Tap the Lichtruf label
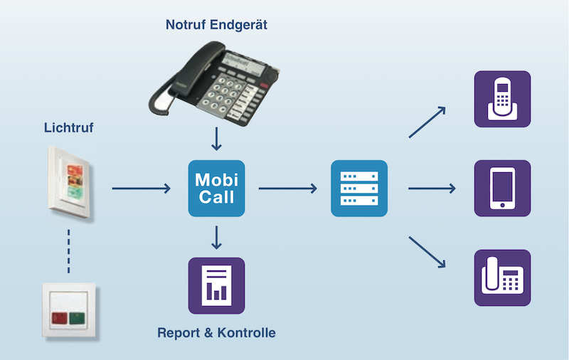(69, 129)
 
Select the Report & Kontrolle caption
(216, 332)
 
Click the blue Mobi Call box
(216, 189)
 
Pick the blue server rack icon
(359, 189)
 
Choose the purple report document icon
(216, 285)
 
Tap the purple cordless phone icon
(502, 99)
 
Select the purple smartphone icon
(502, 189)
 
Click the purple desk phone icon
(502, 278)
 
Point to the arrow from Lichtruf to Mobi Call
(141, 189)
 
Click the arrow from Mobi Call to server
(287, 189)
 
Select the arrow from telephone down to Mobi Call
(216, 139)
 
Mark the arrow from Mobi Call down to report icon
(216, 238)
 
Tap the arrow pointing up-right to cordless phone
(427, 122)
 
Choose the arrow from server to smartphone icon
(431, 189)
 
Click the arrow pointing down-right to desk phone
(427, 253)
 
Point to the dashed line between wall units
(69, 250)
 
